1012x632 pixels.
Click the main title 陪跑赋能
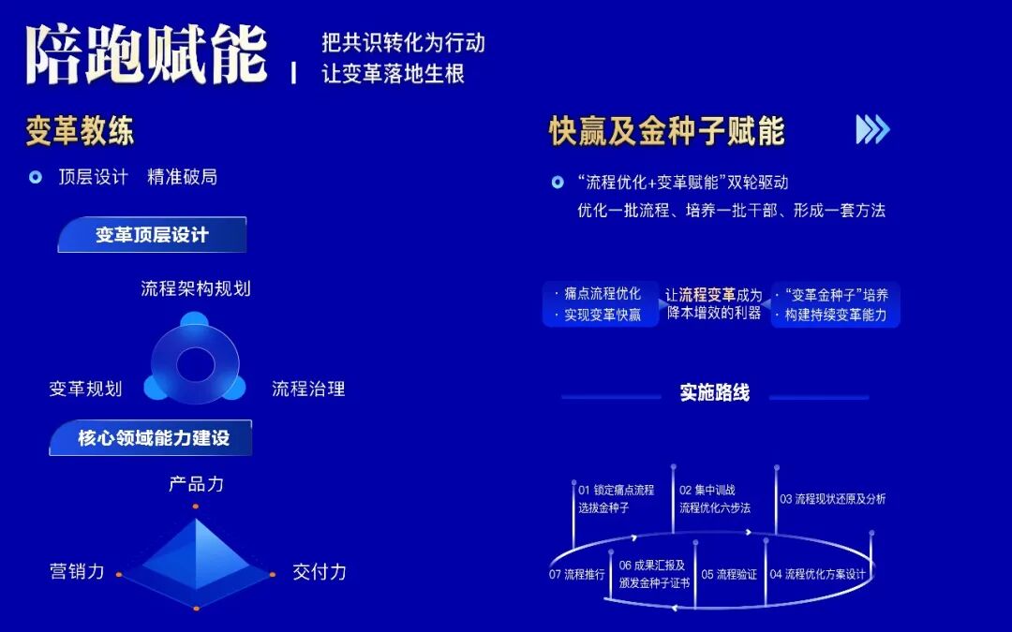click(x=146, y=54)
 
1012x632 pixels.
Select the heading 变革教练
click(x=80, y=131)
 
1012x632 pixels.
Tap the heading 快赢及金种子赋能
click(x=666, y=132)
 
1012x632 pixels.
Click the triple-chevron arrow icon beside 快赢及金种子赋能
click(x=872, y=130)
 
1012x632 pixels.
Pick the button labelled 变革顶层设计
click(x=152, y=235)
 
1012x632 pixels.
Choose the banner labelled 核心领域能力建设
click(x=153, y=437)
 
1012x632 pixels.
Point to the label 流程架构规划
click(x=196, y=288)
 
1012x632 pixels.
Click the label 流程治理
click(x=308, y=388)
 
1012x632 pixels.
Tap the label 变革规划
click(x=85, y=388)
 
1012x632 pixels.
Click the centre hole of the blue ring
click(x=196, y=364)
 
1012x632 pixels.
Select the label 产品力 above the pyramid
click(x=196, y=484)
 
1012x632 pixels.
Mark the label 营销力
click(x=77, y=571)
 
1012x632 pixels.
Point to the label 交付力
click(x=320, y=571)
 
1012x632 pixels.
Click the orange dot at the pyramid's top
click(x=196, y=507)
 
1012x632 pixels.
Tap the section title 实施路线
click(x=715, y=392)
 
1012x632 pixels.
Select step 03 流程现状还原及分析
click(x=832, y=499)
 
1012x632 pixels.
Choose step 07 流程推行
click(x=577, y=574)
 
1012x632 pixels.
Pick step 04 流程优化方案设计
click(x=817, y=574)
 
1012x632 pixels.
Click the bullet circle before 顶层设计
click(x=36, y=177)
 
